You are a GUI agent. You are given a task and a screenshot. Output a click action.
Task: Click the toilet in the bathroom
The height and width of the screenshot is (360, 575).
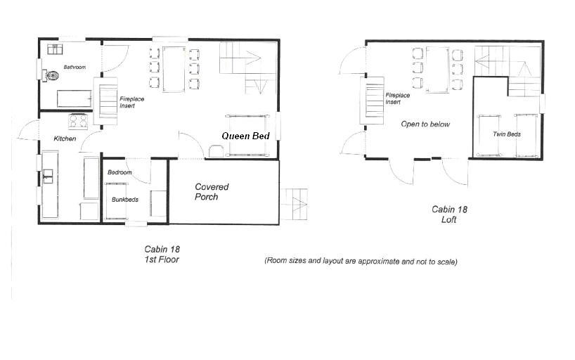51,76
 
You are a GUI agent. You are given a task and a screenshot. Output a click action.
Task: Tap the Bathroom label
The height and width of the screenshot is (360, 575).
75,67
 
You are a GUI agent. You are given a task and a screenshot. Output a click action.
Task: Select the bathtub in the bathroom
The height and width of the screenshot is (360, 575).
74,98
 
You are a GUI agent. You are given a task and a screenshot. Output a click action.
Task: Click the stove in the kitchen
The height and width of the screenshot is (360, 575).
78,121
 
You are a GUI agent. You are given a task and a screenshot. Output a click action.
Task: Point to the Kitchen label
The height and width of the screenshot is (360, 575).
65,139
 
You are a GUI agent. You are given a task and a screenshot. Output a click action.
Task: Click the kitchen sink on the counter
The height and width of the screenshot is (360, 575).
48,176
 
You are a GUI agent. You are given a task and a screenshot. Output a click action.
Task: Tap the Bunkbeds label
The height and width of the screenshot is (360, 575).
125,200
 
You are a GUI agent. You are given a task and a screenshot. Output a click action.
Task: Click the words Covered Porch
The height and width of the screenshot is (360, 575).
212,191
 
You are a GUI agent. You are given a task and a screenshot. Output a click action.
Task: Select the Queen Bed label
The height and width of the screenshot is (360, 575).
246,136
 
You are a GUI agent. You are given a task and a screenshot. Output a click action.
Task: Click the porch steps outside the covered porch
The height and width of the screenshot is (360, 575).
294,204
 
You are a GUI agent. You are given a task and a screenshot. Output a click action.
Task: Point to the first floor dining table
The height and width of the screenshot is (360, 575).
174,69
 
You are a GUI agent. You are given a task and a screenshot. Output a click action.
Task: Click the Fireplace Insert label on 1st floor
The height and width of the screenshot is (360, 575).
131,102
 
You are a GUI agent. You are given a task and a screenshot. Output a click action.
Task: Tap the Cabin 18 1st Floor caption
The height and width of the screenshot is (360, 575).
162,254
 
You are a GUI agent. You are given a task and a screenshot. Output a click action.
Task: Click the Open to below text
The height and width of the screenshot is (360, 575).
425,124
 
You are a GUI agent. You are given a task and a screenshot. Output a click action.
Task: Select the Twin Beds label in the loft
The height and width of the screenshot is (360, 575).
507,134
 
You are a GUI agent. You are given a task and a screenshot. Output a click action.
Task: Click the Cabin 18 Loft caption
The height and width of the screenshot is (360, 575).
449,214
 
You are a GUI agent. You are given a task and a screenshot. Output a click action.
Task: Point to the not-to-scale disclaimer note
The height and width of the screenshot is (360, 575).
361,261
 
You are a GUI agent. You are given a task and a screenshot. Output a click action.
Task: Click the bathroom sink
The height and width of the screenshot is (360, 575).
55,49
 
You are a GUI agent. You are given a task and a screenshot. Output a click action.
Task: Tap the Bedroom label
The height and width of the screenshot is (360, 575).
119,172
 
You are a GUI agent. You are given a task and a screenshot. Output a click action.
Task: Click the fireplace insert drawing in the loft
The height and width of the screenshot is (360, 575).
373,101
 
